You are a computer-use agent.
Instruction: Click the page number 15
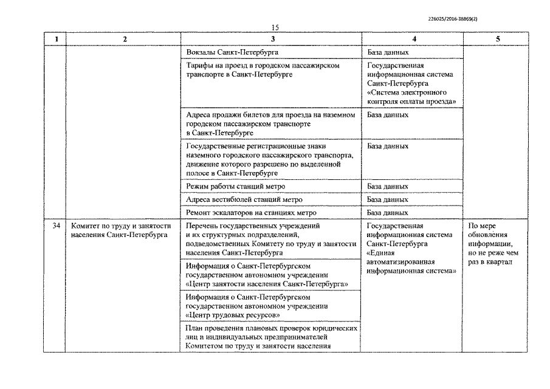pyautogui.click(x=275, y=27)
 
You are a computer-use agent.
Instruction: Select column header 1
pyautogui.click(x=55, y=40)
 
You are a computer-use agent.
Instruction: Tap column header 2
pyautogui.click(x=125, y=40)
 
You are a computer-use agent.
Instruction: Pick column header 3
pyautogui.click(x=272, y=40)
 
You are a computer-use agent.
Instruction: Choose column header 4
pyautogui.click(x=413, y=40)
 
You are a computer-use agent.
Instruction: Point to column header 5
pyautogui.click(x=498, y=40)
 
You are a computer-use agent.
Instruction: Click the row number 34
pyautogui.click(x=55, y=226)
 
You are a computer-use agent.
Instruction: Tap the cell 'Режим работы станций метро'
pyautogui.click(x=236, y=187)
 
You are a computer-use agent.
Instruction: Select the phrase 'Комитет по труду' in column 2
pyautogui.click(x=100, y=226)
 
